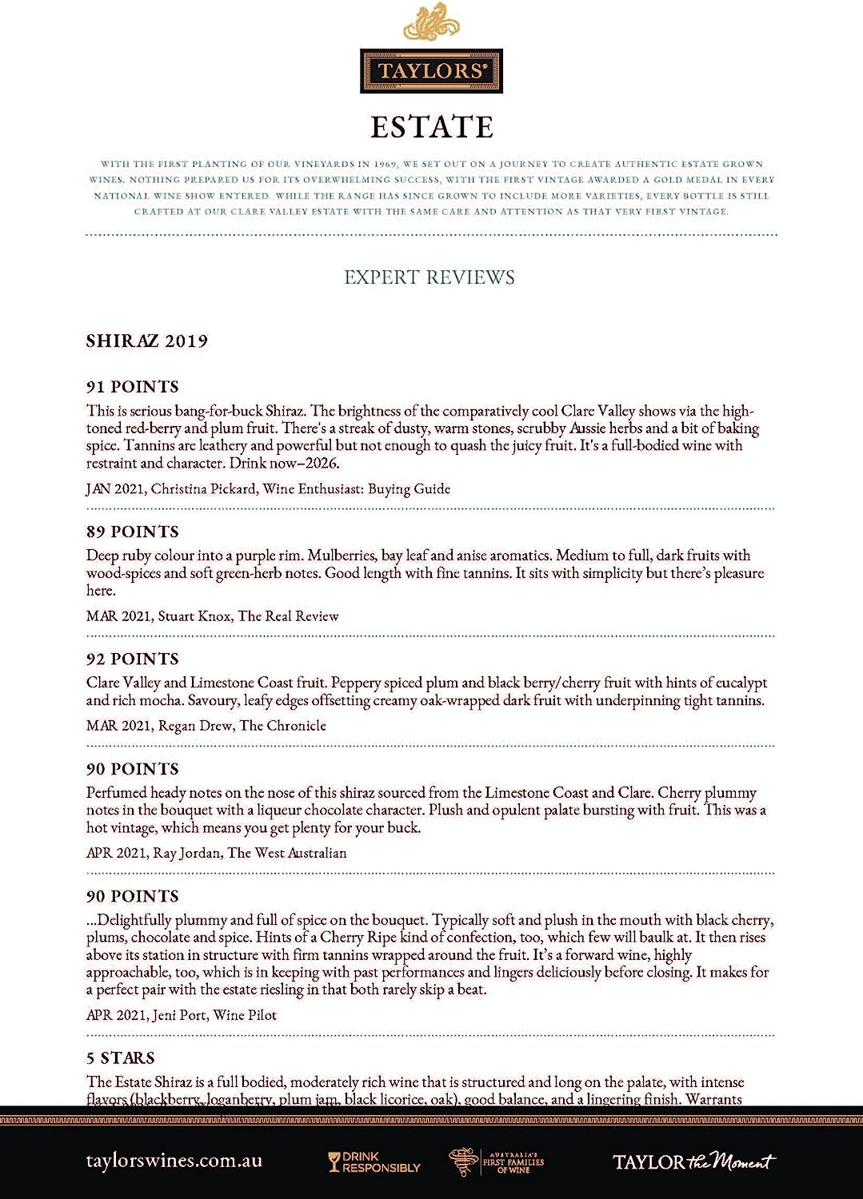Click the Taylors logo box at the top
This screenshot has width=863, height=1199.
tap(431, 71)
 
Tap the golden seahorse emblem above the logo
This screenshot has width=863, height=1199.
tap(431, 22)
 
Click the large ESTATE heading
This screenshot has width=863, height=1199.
tap(431, 127)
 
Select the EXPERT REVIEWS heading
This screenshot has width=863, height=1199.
tap(430, 277)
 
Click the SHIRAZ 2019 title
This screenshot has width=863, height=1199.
tap(147, 341)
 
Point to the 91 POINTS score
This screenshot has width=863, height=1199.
tap(133, 387)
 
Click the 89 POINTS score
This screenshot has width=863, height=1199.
tap(133, 532)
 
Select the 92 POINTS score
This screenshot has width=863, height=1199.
tap(133, 659)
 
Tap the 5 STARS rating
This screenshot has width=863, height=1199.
tap(121, 1058)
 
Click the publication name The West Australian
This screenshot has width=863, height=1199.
tap(287, 853)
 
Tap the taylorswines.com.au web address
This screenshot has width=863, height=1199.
tap(174, 1161)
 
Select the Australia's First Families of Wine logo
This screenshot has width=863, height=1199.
tap(497, 1161)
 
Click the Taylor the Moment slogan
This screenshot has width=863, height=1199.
tap(694, 1161)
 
